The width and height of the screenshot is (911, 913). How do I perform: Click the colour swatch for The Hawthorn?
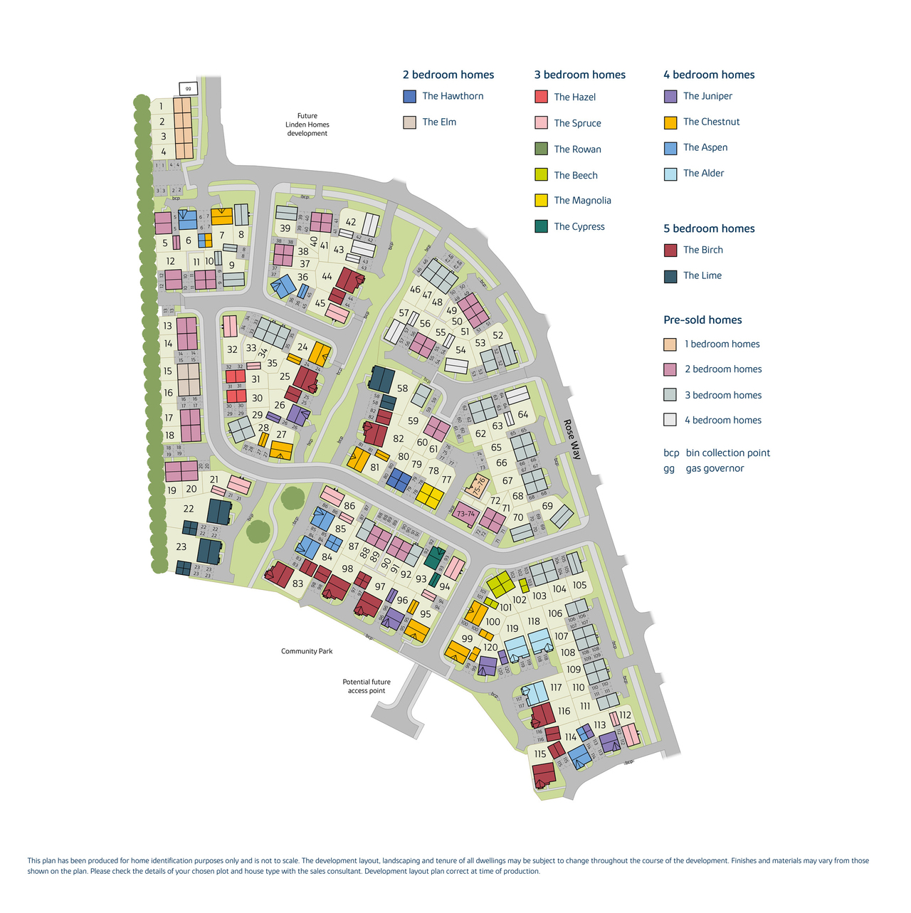[x=409, y=96]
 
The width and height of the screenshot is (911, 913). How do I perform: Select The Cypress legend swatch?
[x=541, y=226]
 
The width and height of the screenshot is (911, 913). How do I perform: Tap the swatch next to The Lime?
[x=670, y=276]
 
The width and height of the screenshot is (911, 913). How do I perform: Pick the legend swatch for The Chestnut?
[x=670, y=122]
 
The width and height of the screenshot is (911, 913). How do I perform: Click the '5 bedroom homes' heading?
[x=709, y=228]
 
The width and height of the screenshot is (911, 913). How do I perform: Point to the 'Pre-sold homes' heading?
[x=702, y=320]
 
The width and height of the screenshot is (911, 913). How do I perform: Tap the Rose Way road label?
[x=572, y=439]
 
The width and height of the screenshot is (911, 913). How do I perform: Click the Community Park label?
[x=307, y=651]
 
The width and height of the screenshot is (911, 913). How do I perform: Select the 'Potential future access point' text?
[x=367, y=686]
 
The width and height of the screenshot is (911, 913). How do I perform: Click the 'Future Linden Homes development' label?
[x=307, y=125]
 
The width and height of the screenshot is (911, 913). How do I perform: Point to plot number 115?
[x=540, y=754]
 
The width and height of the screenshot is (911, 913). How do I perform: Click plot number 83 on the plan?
[x=297, y=584]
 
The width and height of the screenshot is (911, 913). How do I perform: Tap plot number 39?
[x=285, y=228]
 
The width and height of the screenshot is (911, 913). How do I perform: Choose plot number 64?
[x=523, y=415]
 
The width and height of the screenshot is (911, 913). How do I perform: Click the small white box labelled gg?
[x=187, y=89]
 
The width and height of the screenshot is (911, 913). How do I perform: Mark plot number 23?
[x=181, y=547]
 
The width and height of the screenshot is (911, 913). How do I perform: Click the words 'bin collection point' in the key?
[x=727, y=453]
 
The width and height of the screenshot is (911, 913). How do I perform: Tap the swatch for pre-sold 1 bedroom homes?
[x=670, y=344]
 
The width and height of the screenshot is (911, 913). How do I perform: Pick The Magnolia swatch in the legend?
[x=541, y=201]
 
